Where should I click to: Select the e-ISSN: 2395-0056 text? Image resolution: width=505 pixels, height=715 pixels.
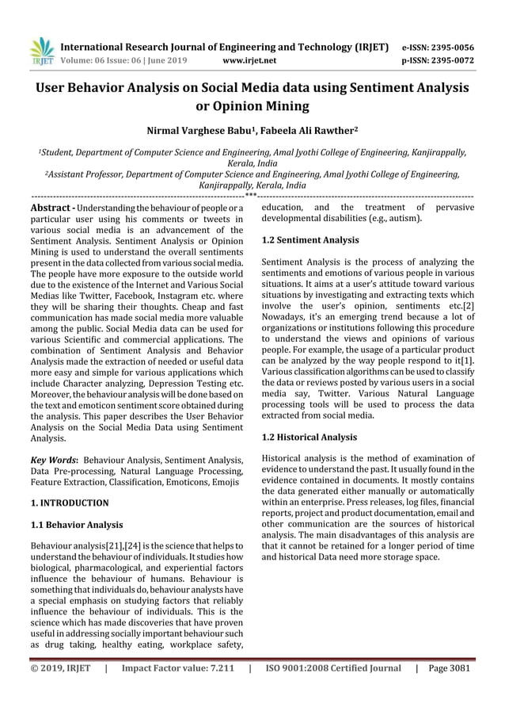pos(438,47)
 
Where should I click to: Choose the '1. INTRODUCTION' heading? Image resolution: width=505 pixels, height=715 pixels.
pos(70,503)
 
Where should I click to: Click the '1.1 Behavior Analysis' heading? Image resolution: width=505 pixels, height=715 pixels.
pos(77,525)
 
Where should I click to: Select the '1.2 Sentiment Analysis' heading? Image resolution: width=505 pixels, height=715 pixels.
pos(310,239)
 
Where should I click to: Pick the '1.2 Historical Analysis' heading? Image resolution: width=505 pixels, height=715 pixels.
pos(309,436)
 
